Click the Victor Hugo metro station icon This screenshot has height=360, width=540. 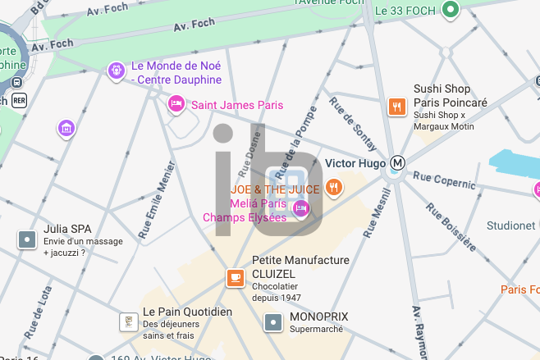(398, 163)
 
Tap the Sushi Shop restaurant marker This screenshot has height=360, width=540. (397, 106)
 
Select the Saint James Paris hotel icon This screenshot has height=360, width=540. (175, 104)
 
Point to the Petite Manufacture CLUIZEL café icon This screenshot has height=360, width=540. (236, 278)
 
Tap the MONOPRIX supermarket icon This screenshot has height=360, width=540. (272, 322)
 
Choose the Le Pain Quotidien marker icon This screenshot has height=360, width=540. (127, 321)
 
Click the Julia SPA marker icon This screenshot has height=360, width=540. (27, 239)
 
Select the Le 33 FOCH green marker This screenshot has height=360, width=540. (450, 10)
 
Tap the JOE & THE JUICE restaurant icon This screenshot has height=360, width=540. (333, 188)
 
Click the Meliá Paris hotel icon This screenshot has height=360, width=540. (300, 208)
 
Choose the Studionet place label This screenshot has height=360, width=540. (511, 226)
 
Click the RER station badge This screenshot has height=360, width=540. (19, 100)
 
